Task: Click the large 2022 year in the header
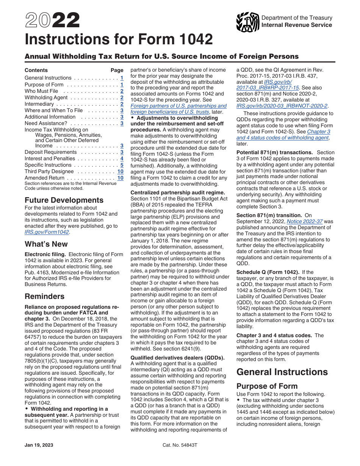coord(52,20)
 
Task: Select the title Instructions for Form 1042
coord(119,39)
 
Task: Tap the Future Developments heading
coord(64,200)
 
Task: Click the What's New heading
coord(46,244)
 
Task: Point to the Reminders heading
coord(44,296)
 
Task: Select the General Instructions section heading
coord(282,372)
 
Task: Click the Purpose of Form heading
coord(267,386)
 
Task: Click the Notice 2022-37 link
coord(304,221)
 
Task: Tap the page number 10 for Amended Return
coord(120,178)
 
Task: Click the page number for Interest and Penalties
coord(122,158)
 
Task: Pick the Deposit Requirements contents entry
coord(45,152)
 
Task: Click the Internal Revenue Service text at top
coord(297,25)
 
